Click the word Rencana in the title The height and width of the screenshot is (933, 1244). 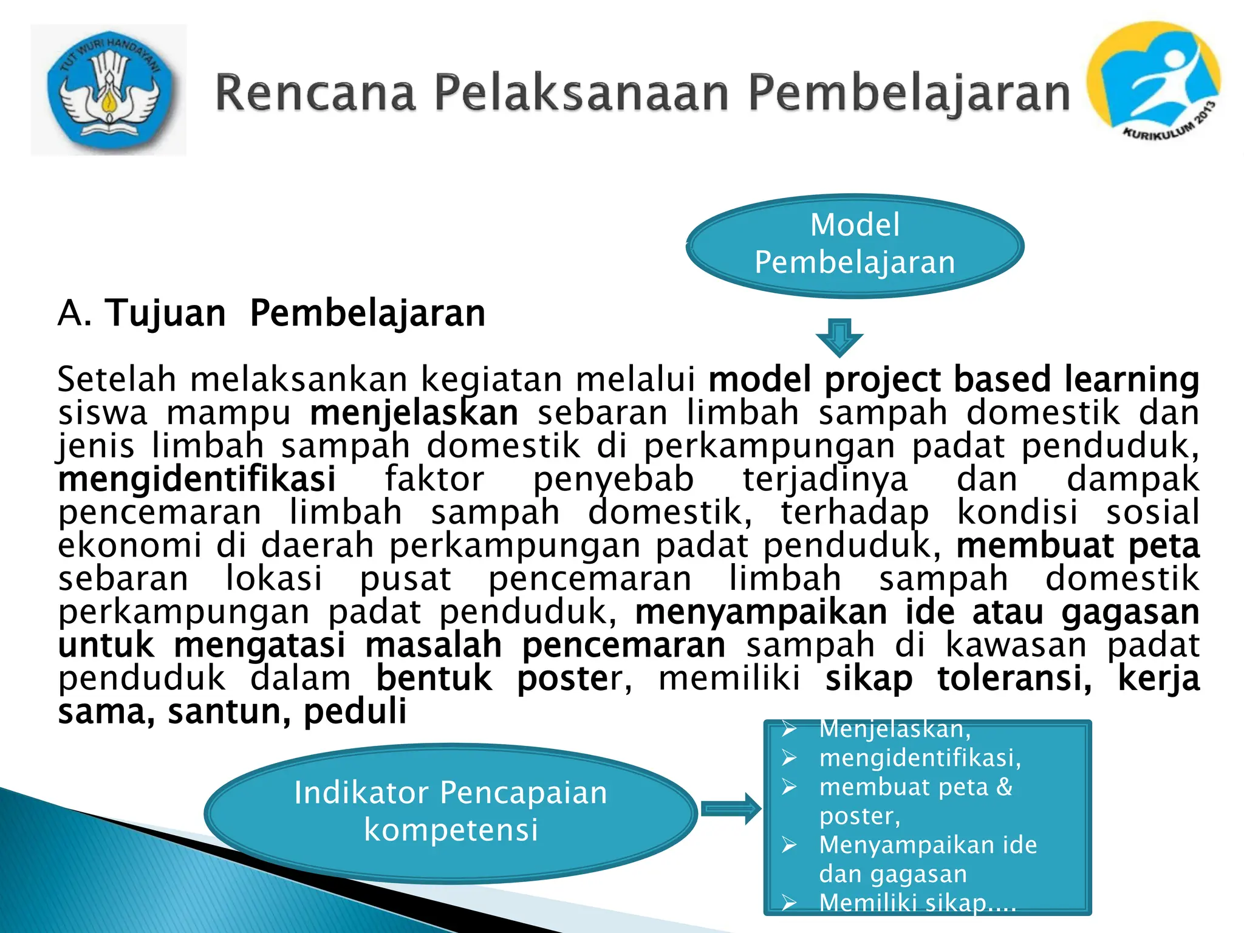point(316,93)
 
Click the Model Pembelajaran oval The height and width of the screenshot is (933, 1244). point(855,245)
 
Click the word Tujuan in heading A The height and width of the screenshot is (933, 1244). point(165,313)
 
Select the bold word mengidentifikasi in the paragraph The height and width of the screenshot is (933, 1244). point(197,479)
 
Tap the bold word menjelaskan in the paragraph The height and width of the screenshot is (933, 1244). point(414,413)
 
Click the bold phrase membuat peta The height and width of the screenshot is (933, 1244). point(1078,545)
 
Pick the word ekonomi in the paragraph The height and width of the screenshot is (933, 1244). point(129,545)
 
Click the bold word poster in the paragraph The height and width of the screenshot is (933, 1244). point(568,678)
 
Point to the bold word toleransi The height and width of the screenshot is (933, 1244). point(1014,678)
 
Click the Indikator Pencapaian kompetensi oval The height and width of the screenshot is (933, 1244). point(451,812)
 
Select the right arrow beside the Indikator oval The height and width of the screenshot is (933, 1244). point(731,808)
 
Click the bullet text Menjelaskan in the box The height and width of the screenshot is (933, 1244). point(894,729)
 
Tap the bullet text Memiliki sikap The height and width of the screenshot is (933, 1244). point(917,903)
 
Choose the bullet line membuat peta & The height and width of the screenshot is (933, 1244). point(916,787)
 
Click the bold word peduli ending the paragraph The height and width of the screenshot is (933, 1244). point(355,712)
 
